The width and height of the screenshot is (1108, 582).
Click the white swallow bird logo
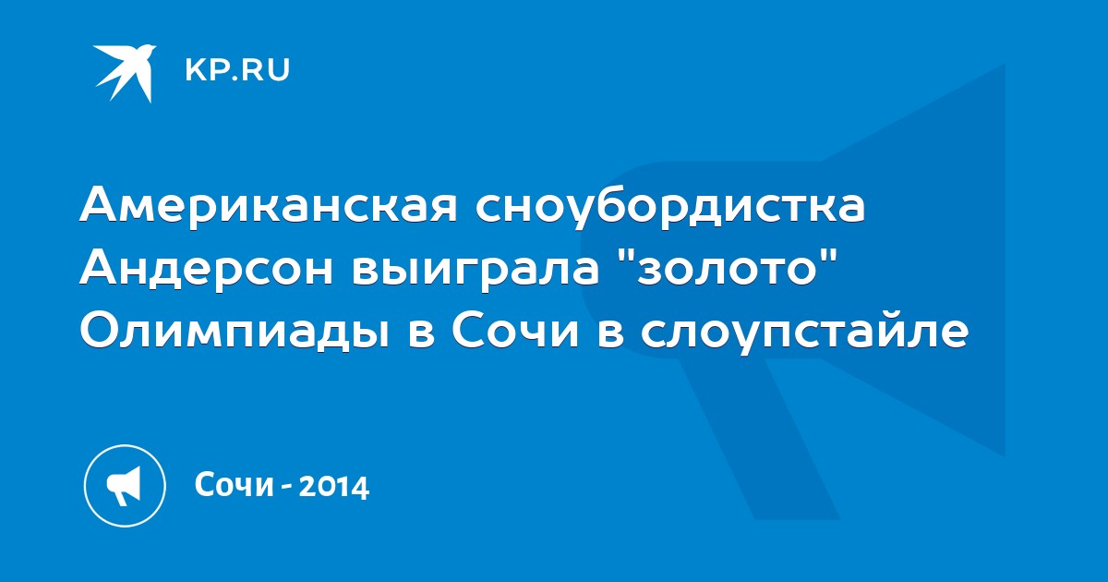click(124, 73)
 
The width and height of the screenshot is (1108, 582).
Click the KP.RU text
click(237, 70)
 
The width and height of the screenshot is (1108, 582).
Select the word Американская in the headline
click(269, 206)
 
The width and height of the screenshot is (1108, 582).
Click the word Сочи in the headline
click(515, 332)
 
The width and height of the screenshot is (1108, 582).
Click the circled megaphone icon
click(125, 486)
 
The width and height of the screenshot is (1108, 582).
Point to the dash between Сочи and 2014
click(286, 488)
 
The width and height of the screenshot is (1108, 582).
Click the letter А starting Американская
click(99, 204)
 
